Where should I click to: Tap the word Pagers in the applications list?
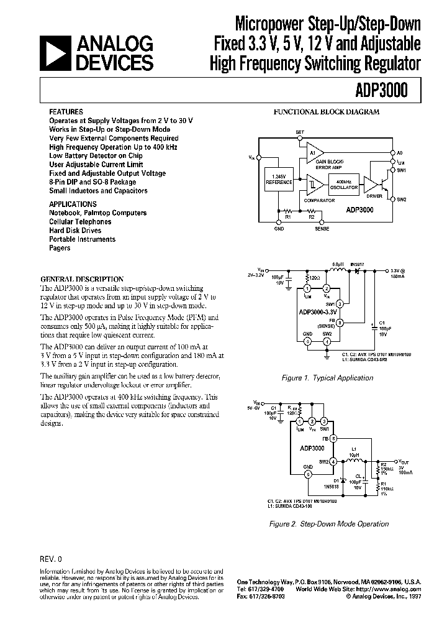60,248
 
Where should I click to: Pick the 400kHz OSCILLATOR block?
344,183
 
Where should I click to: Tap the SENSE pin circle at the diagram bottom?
320,221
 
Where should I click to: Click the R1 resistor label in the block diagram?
288,217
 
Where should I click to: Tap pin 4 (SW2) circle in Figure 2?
333,461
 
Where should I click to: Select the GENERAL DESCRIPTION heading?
81,279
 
